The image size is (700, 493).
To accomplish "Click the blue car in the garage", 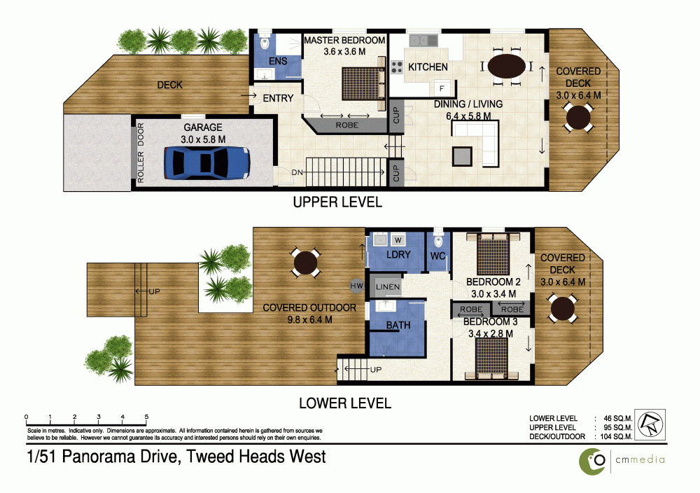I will tap(206, 163).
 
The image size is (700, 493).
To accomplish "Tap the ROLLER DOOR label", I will tap(141, 154).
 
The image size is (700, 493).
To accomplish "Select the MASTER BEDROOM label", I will tap(344, 41).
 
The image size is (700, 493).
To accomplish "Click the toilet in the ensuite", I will tap(265, 43).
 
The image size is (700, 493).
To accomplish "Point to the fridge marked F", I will tap(442, 88).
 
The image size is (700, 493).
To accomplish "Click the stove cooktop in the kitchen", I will tap(397, 68).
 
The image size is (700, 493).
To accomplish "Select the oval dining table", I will tap(506, 67).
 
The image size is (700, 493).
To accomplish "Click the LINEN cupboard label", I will tap(388, 286).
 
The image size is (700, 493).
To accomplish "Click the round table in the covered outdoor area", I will tap(305, 263).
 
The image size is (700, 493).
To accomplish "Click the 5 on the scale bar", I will tap(146, 417).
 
